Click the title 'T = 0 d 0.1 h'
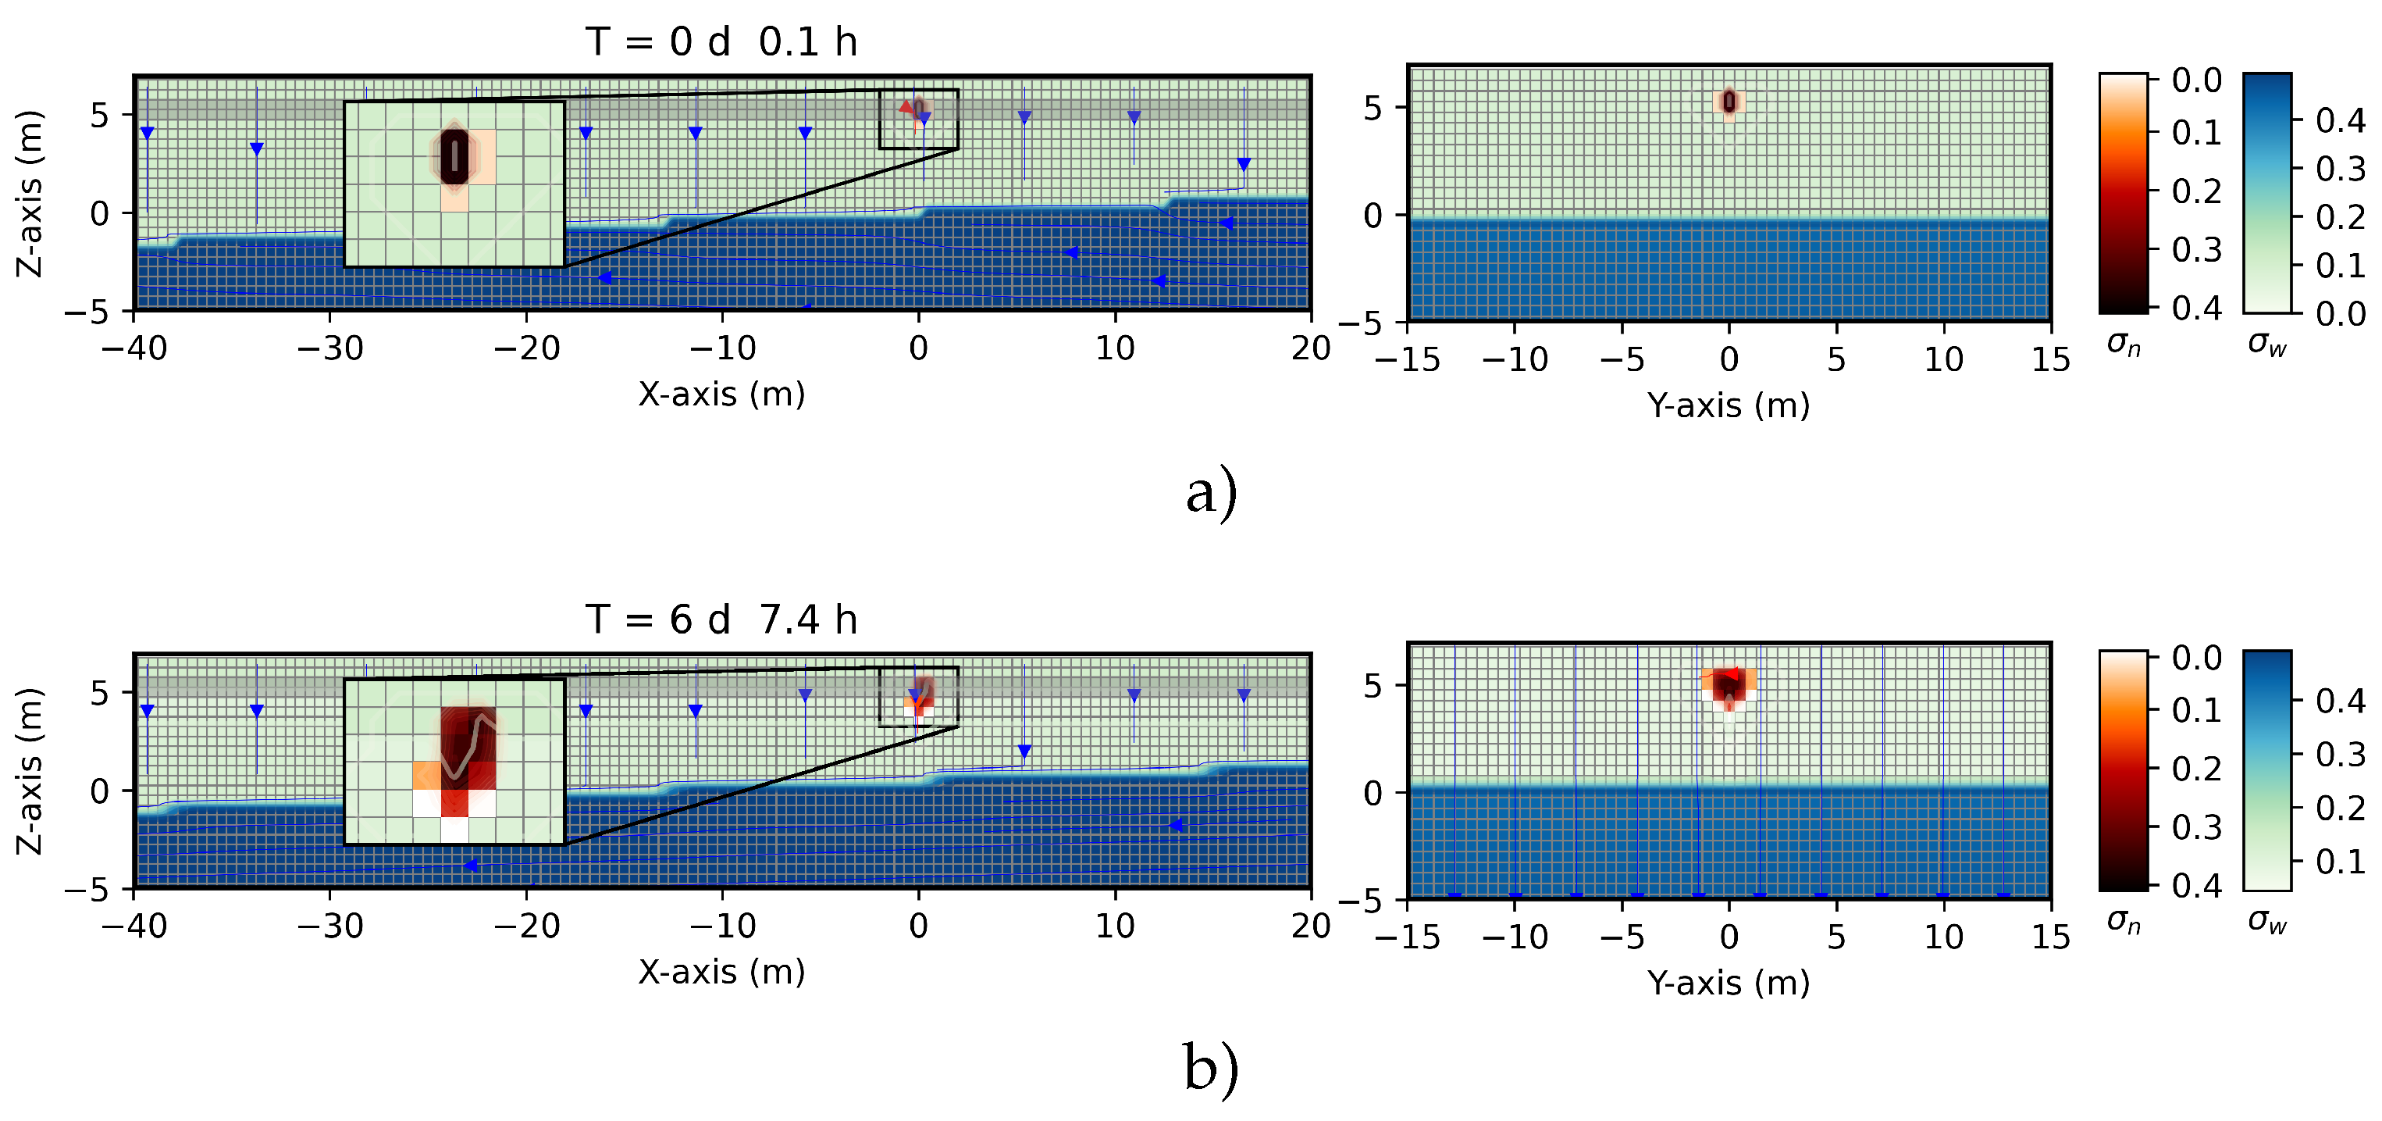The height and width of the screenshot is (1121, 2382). pyautogui.click(x=721, y=42)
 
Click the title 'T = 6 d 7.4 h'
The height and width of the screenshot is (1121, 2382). pyautogui.click(x=721, y=619)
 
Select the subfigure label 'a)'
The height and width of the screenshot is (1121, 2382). pyautogui.click(x=1212, y=492)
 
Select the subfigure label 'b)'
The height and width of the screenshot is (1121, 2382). pyautogui.click(x=1212, y=1069)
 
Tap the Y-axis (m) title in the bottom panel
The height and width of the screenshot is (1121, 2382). pyautogui.click(x=1729, y=982)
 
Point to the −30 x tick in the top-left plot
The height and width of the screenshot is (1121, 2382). pyautogui.click(x=330, y=348)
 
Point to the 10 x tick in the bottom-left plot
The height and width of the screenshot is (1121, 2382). pyautogui.click(x=1115, y=926)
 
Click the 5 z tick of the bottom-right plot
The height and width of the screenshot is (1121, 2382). pyautogui.click(x=1373, y=685)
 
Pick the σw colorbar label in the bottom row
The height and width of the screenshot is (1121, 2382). pyautogui.click(x=2267, y=922)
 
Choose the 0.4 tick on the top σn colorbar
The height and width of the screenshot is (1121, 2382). pyautogui.click(x=2197, y=307)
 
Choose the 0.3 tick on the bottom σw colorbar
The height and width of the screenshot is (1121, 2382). pyautogui.click(x=2341, y=755)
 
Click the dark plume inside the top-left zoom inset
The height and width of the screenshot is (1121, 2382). pyautogui.click(x=454, y=157)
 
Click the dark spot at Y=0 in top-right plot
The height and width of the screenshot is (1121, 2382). pyautogui.click(x=1729, y=102)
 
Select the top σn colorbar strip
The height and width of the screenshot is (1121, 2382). pyautogui.click(x=2124, y=192)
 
